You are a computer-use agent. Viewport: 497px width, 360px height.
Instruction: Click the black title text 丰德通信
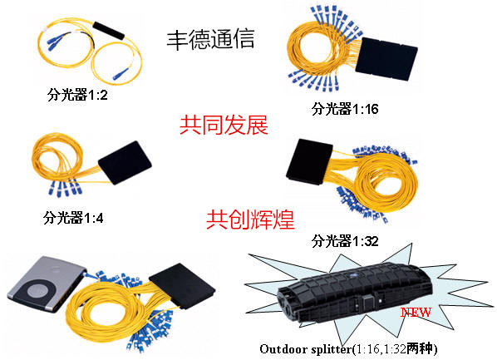pos(211,39)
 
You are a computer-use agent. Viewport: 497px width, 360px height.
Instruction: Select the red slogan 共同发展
pos(224,125)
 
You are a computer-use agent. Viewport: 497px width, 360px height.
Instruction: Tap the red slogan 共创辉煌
pos(250,219)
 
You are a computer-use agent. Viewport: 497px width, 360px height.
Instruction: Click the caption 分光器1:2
pos(77,95)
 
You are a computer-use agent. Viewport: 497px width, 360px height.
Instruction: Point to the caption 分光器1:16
pos(345,109)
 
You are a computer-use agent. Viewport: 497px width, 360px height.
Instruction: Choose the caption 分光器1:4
pos(73,218)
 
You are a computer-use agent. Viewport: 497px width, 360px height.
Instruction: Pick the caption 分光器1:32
pos(345,241)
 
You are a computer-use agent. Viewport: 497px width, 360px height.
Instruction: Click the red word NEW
pos(416,313)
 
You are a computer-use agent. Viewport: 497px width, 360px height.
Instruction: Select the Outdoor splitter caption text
pos(349,349)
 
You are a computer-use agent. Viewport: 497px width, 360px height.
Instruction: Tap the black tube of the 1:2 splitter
pos(108,31)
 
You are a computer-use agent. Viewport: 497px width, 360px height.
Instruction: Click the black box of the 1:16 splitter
pos(386,59)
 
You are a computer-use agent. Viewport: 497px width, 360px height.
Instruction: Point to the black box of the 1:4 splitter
pos(125,162)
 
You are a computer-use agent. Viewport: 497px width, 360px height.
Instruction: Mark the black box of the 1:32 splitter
pos(309,161)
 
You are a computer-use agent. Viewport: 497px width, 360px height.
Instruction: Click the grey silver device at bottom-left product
pos(47,284)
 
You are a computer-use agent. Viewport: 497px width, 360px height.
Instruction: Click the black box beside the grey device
pos(182,285)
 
